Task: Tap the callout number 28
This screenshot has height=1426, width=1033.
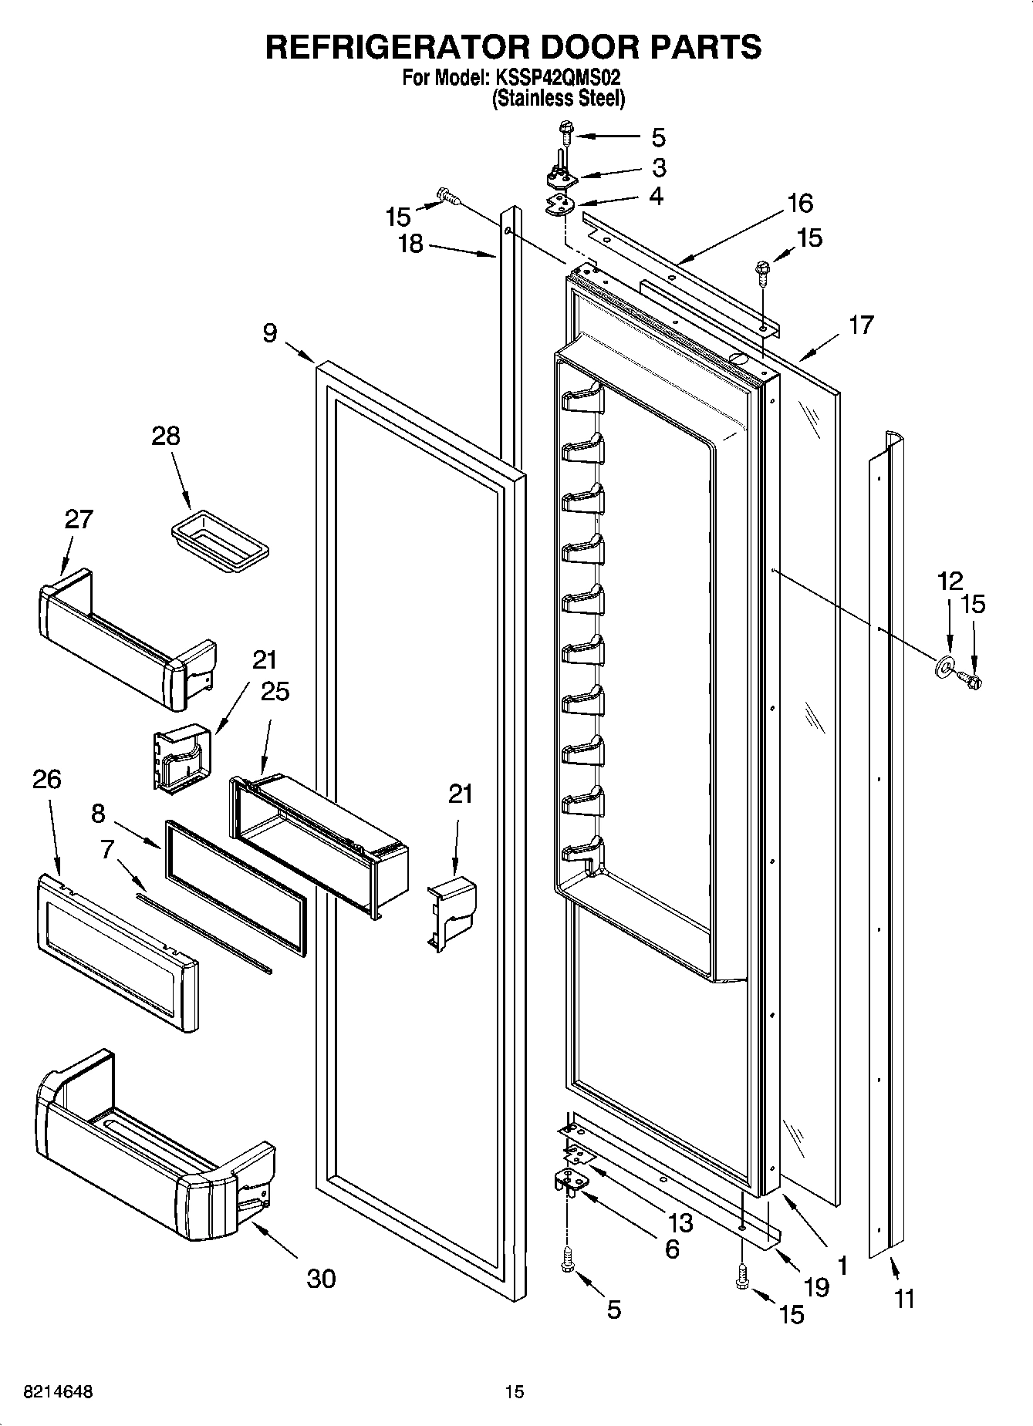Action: tap(166, 437)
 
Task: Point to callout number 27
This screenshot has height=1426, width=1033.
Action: tap(79, 519)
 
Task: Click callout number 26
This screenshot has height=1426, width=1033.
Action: tap(46, 780)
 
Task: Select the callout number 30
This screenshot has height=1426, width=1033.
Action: tap(321, 1279)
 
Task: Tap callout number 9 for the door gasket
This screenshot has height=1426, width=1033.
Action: tap(269, 333)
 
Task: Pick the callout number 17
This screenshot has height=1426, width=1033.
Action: tap(860, 325)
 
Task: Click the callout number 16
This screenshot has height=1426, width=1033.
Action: tap(800, 204)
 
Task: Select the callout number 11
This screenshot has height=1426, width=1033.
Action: tap(903, 1299)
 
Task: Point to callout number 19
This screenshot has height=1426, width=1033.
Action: tap(816, 1287)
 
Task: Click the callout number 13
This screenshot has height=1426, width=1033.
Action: tap(680, 1222)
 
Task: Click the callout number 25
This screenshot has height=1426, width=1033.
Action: tap(275, 692)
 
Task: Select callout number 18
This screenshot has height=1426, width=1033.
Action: tap(410, 244)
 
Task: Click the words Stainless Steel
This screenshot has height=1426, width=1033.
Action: tap(559, 99)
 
